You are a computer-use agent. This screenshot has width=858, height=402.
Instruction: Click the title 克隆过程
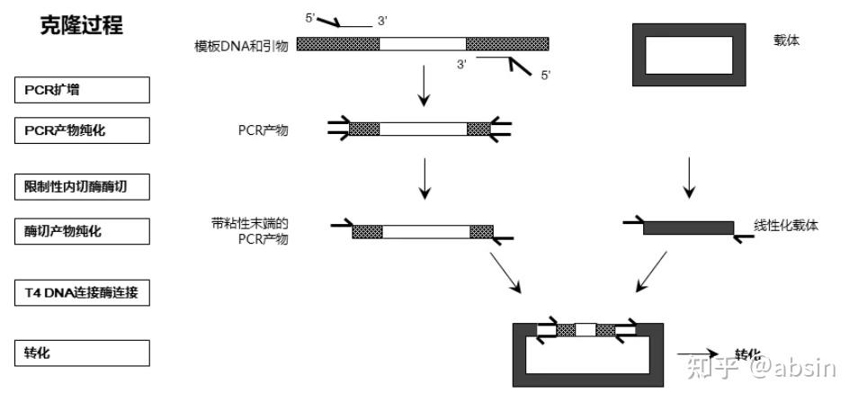pyautogui.click(x=82, y=27)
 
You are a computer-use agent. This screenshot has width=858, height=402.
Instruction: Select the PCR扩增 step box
pyautogui.click(x=82, y=90)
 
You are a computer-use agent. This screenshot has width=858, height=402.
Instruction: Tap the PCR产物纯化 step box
pyautogui.click(x=82, y=131)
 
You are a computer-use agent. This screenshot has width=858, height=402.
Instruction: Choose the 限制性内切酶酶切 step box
pyautogui.click(x=82, y=187)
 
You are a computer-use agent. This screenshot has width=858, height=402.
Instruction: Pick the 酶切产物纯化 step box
pyautogui.click(x=82, y=231)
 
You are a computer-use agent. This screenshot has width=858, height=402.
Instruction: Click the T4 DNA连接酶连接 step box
pyautogui.click(x=82, y=293)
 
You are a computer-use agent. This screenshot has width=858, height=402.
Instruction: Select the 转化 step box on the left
pyautogui.click(x=82, y=353)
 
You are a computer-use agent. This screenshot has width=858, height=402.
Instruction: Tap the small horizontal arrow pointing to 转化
pyautogui.click(x=697, y=354)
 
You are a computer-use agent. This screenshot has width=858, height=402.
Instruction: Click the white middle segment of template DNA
pyautogui.click(x=423, y=43)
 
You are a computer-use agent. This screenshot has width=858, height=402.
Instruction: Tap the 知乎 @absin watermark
pyautogui.click(x=760, y=365)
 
